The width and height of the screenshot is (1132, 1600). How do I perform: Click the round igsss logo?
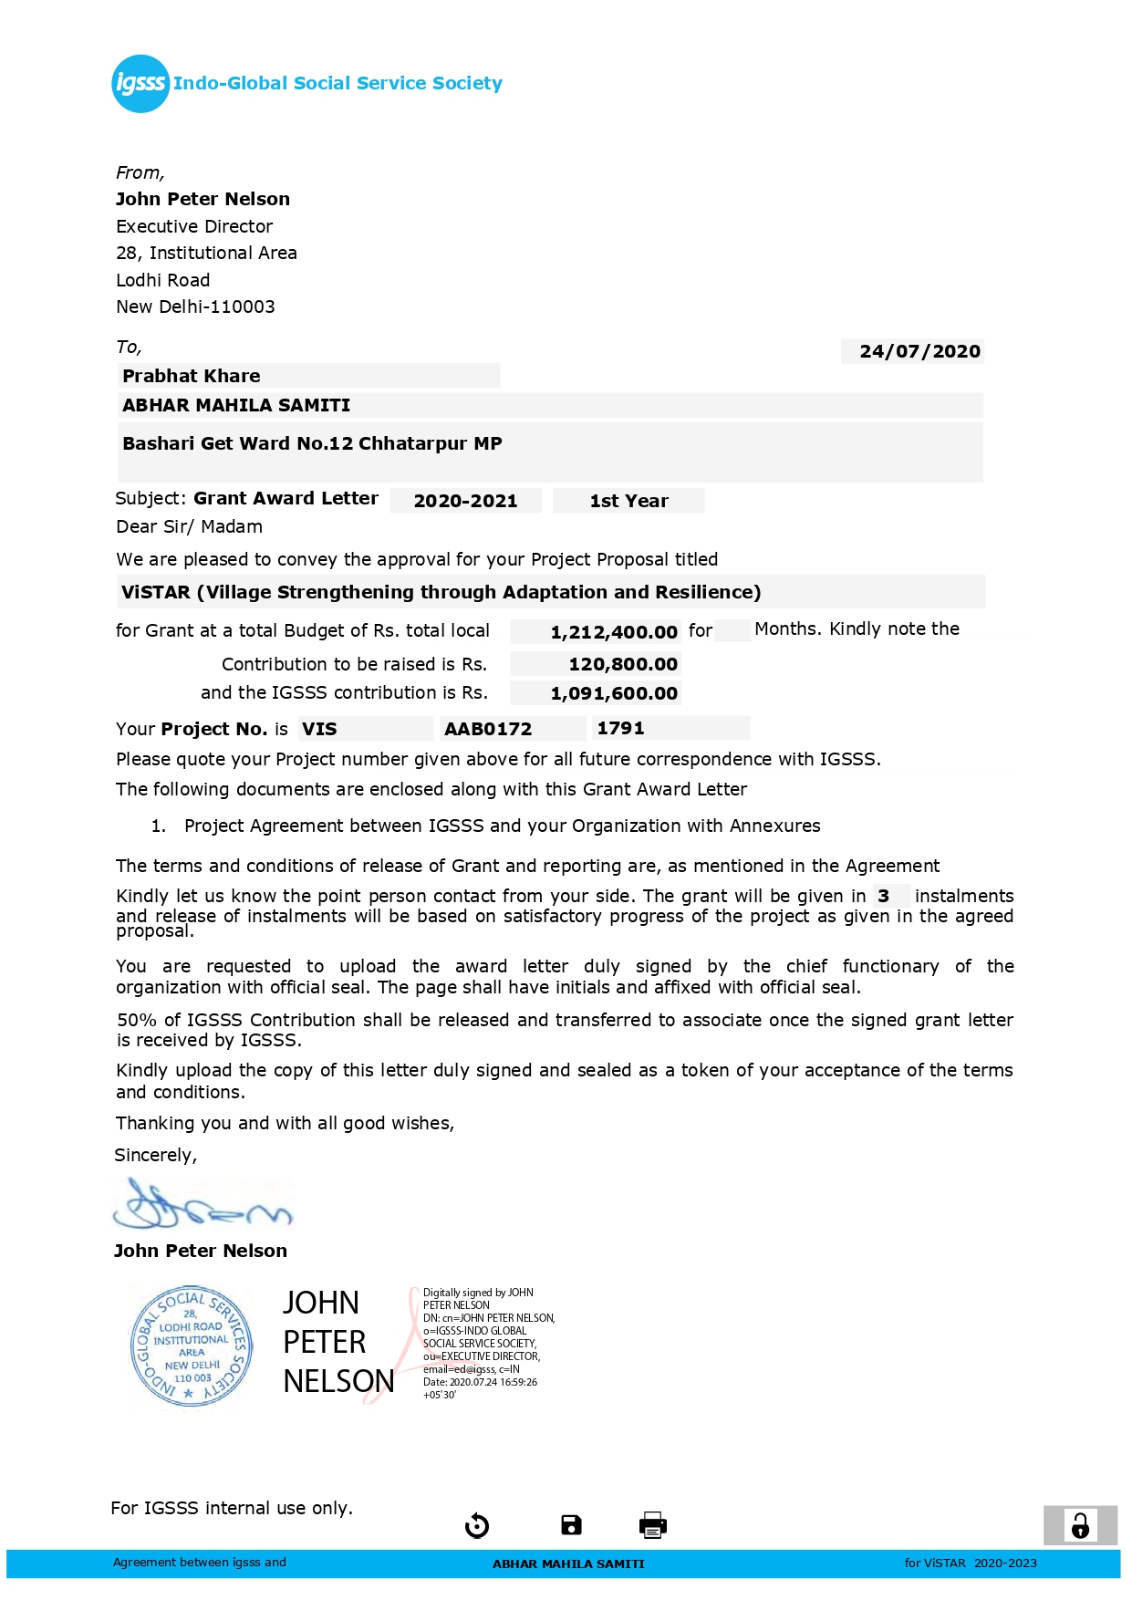[x=140, y=84]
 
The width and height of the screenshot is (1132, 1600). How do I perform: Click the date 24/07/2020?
[x=919, y=351]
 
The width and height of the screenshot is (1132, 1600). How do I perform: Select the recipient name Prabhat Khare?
[x=192, y=376]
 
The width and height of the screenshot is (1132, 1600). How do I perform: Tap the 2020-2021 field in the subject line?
[x=465, y=501]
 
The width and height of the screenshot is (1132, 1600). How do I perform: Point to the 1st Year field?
[x=628, y=501]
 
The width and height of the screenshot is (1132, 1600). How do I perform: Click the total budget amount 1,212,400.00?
[x=614, y=632]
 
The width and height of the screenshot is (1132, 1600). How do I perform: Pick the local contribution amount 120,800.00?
[x=622, y=664]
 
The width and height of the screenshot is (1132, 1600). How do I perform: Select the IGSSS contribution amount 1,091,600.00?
[x=614, y=693]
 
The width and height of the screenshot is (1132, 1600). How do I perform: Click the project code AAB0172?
[x=488, y=729]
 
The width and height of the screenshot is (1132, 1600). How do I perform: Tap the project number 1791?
[x=620, y=728]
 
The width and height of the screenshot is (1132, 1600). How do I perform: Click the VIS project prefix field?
[x=320, y=729]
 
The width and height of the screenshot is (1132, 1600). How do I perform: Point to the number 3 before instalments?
[x=883, y=896]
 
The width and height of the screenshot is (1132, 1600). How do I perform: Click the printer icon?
[x=653, y=1524]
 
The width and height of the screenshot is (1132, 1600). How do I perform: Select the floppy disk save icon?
[x=571, y=1524]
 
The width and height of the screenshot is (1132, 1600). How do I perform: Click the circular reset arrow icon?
[x=477, y=1525]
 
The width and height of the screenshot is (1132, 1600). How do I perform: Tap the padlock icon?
[x=1080, y=1525]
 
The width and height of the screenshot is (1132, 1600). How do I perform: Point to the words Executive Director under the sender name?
[x=194, y=226]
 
